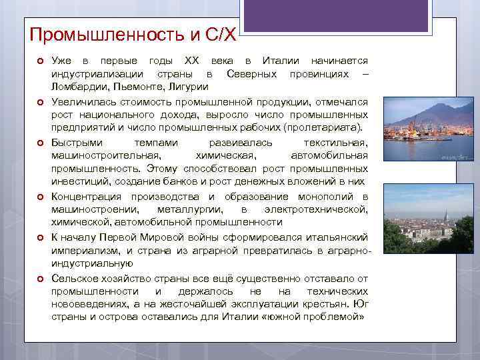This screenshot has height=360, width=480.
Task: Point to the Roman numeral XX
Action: [x=191, y=61]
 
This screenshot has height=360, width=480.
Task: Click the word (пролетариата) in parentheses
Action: [x=323, y=128]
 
